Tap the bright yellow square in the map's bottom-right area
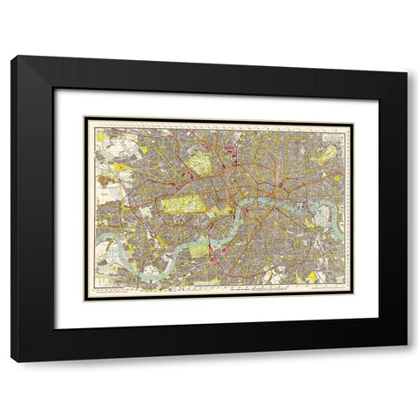(x=311, y=277)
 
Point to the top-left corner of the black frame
(x=12, y=57)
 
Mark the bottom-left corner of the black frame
(x=12, y=361)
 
